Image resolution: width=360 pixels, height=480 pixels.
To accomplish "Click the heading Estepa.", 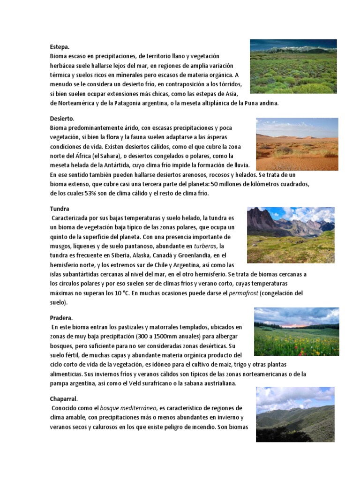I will click(x=60, y=47).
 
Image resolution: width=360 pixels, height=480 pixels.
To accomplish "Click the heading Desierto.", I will click(x=62, y=119).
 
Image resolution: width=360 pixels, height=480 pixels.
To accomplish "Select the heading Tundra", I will click(x=60, y=209).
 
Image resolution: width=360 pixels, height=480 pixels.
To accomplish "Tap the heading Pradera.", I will click(x=61, y=318).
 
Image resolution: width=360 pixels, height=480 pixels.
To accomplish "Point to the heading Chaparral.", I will click(x=64, y=399).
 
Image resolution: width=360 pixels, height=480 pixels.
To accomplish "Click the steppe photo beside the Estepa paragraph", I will click(x=293, y=67).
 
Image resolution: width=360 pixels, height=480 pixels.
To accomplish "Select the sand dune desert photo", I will click(x=297, y=144).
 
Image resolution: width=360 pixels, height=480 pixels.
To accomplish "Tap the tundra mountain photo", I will click(x=291, y=235).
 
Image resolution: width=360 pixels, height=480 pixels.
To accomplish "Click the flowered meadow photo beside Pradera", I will click(x=296, y=331).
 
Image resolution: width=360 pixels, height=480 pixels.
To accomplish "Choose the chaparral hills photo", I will click(x=295, y=414).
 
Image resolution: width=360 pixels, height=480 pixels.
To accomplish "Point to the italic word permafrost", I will click(x=243, y=293).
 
